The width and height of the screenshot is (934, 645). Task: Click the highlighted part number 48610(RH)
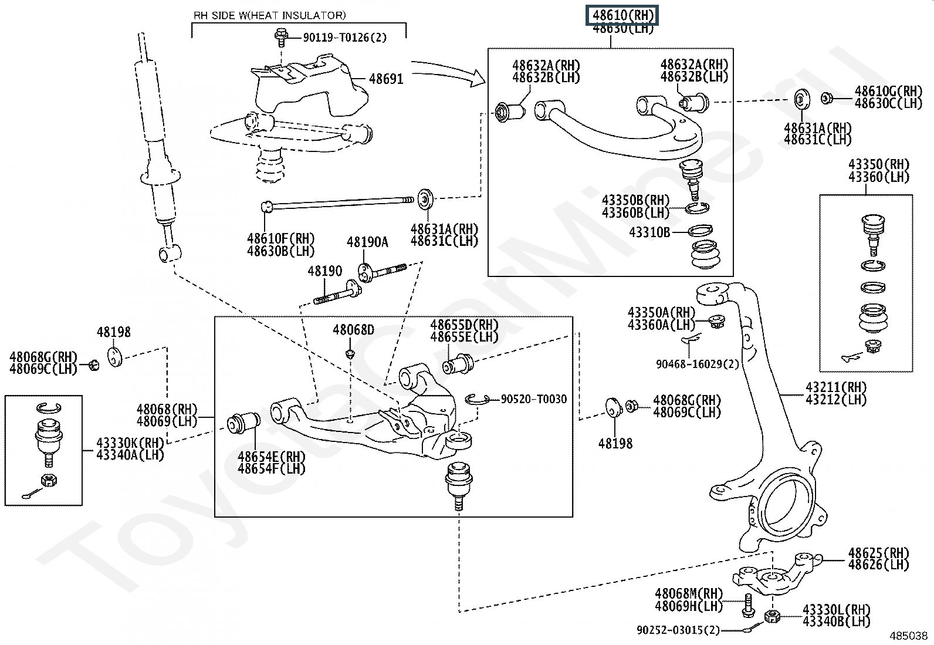622,15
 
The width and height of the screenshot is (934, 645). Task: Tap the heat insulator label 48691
386,78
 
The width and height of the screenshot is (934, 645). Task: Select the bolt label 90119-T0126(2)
345,38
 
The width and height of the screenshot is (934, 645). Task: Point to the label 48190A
367,242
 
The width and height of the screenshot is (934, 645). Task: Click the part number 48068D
353,330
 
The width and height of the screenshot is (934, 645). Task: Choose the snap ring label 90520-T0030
534,399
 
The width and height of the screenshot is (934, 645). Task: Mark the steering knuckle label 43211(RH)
836,387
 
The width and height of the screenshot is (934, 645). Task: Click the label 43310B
649,232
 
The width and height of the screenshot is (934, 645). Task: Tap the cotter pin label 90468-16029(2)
697,364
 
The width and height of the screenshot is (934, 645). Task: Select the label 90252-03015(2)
678,630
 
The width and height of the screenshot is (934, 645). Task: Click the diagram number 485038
909,636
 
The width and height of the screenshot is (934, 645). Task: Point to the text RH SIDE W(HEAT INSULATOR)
270,15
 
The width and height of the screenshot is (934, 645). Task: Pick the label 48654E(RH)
272,457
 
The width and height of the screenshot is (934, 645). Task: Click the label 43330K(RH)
130,443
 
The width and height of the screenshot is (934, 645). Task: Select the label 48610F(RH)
281,239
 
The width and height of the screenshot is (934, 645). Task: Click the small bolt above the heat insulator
281,36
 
